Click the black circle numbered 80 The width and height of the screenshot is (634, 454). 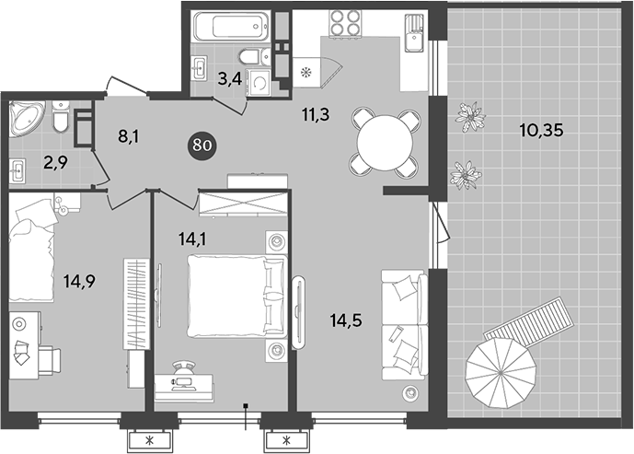[202, 145]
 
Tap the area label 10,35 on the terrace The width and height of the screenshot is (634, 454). [541, 130]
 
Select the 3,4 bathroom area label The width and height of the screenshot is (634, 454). [230, 79]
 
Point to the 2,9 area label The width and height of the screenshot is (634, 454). [56, 163]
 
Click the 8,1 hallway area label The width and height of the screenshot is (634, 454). [129, 137]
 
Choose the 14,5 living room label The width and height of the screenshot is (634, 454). [346, 320]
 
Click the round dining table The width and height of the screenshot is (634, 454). [385, 143]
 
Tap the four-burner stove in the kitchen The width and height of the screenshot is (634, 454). [346, 23]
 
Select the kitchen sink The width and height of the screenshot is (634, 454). [414, 32]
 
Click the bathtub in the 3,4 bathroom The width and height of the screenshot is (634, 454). [231, 27]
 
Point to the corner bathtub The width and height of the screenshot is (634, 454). [27, 118]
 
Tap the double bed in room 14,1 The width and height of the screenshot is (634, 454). [237, 296]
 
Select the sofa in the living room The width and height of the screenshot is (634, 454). [404, 325]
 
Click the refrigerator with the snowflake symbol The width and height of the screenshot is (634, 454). [306, 73]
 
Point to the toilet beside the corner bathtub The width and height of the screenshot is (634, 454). [61, 116]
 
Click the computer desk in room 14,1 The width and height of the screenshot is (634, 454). [184, 387]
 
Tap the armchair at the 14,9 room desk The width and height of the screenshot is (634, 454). [50, 360]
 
